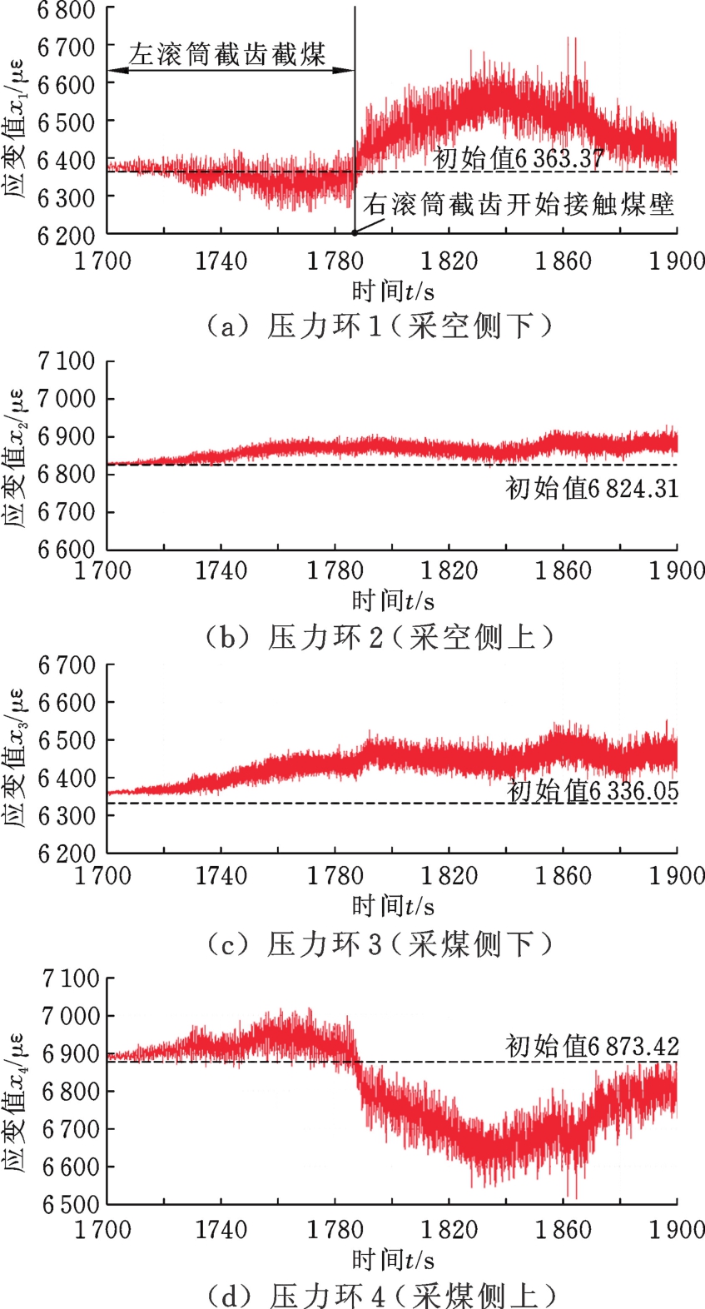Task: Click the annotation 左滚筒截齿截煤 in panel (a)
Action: (x=226, y=55)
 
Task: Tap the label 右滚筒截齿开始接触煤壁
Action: (x=518, y=205)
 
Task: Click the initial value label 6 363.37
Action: (x=518, y=158)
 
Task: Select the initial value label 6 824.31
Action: (x=592, y=488)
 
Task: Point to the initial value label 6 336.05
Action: (x=593, y=790)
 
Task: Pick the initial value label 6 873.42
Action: (x=592, y=1046)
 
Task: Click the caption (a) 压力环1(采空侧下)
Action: (x=379, y=326)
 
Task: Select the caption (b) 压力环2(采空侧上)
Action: (x=379, y=637)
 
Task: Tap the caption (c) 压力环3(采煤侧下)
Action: (x=379, y=943)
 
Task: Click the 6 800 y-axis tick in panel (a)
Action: (x=67, y=11)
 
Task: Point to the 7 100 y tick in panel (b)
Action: (x=67, y=361)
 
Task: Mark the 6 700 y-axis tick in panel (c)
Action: (x=67, y=665)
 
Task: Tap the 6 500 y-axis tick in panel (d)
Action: (x=70, y=1204)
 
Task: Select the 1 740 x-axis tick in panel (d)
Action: (x=221, y=1230)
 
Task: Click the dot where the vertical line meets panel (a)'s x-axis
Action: (x=355, y=234)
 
